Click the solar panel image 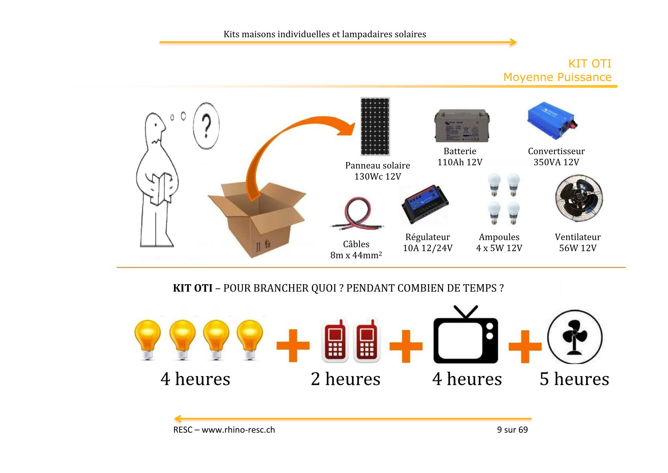pos(375,127)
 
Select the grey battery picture pos(462,126)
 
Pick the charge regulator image pos(425,205)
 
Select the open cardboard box pos(257,219)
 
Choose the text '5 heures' pos(574,379)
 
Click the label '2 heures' pos(345,379)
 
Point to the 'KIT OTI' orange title pos(589,63)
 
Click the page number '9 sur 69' pos(512,430)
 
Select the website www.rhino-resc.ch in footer pos(238,430)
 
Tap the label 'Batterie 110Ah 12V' pos(460,157)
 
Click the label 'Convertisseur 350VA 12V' pos(556,157)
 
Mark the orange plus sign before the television pos(406,346)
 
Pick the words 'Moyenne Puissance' pos(557,77)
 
